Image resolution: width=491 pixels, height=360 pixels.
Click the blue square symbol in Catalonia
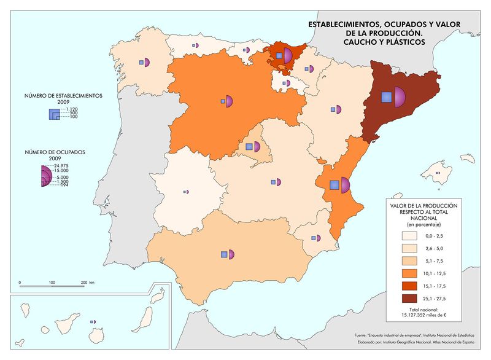coord(386,96)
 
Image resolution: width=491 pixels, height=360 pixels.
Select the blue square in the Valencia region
coord(334,185)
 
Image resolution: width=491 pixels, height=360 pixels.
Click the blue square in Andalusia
coord(225,254)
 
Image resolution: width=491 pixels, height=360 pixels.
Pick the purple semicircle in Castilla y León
coord(230,101)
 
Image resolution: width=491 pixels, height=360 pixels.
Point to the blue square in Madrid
coord(249,147)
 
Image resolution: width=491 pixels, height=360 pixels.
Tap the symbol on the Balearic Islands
coord(438,173)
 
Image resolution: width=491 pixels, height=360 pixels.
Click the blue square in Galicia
coord(141,63)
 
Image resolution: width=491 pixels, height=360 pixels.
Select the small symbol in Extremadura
coord(186,192)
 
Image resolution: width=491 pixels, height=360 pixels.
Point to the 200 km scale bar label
coord(85,283)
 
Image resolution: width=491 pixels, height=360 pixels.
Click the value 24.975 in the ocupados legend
coord(61,166)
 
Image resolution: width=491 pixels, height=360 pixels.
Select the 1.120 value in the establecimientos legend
coord(66,109)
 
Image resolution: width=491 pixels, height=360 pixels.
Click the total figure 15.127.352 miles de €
coord(419,315)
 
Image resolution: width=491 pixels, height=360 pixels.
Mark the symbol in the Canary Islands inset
coord(93,321)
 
